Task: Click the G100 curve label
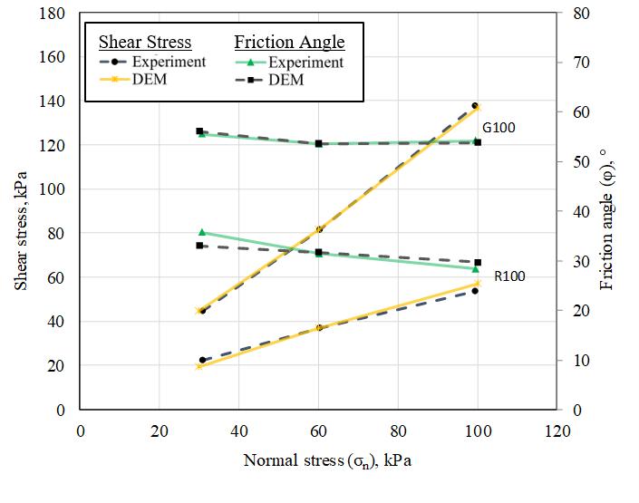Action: coord(499,128)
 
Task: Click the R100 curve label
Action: coord(508,276)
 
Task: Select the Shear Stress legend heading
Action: coord(145,42)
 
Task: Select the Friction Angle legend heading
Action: coord(289,42)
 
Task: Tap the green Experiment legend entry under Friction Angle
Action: coord(288,63)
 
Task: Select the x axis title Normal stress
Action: coord(327,460)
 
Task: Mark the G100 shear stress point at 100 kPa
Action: coord(475,106)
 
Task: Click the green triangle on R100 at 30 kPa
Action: coord(202,233)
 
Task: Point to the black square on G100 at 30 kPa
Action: coord(199,131)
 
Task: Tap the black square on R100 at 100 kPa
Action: coord(478,262)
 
